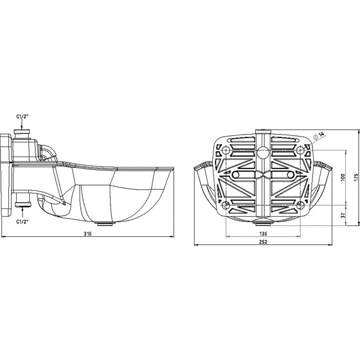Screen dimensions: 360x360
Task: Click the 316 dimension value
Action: [88, 234]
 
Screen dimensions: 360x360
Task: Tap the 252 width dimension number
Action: [263, 242]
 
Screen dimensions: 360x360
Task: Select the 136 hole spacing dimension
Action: [263, 234]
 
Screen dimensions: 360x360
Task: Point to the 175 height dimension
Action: [356, 178]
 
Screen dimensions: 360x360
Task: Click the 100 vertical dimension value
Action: [343, 178]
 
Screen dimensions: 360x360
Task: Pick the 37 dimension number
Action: [343, 216]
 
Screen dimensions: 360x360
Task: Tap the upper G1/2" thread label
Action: [22, 116]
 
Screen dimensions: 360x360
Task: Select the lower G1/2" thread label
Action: [22, 221]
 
